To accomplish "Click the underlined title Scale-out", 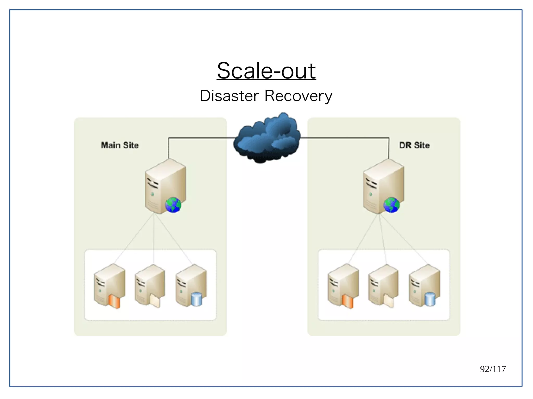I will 266,71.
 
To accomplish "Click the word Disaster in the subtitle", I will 229,96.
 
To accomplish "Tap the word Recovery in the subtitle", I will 298,96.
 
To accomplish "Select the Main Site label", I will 120,145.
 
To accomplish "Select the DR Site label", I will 414,145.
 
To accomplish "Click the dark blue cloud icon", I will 267,138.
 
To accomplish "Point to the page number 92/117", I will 493,369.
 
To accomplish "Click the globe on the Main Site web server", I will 173,205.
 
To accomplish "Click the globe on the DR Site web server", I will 391,205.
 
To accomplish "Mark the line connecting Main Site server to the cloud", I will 200,138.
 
